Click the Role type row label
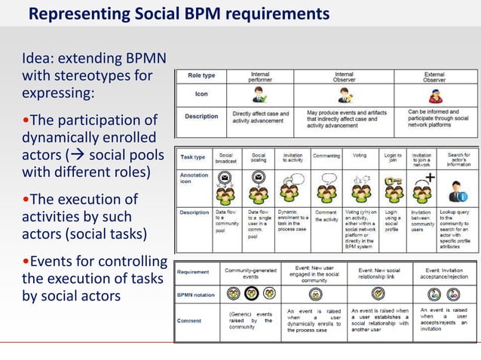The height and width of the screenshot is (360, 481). tap(201, 76)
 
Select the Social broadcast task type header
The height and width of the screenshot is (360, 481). tap(225, 158)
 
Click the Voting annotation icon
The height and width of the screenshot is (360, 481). tap(360, 188)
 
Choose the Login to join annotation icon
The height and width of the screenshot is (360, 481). tap(392, 188)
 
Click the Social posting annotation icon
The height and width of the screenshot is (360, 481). tap(259, 188)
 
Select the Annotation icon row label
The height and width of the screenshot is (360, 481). tap(194, 181)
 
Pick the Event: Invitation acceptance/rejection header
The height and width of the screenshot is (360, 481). tap(444, 272)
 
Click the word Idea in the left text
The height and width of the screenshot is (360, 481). tap(38, 58)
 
